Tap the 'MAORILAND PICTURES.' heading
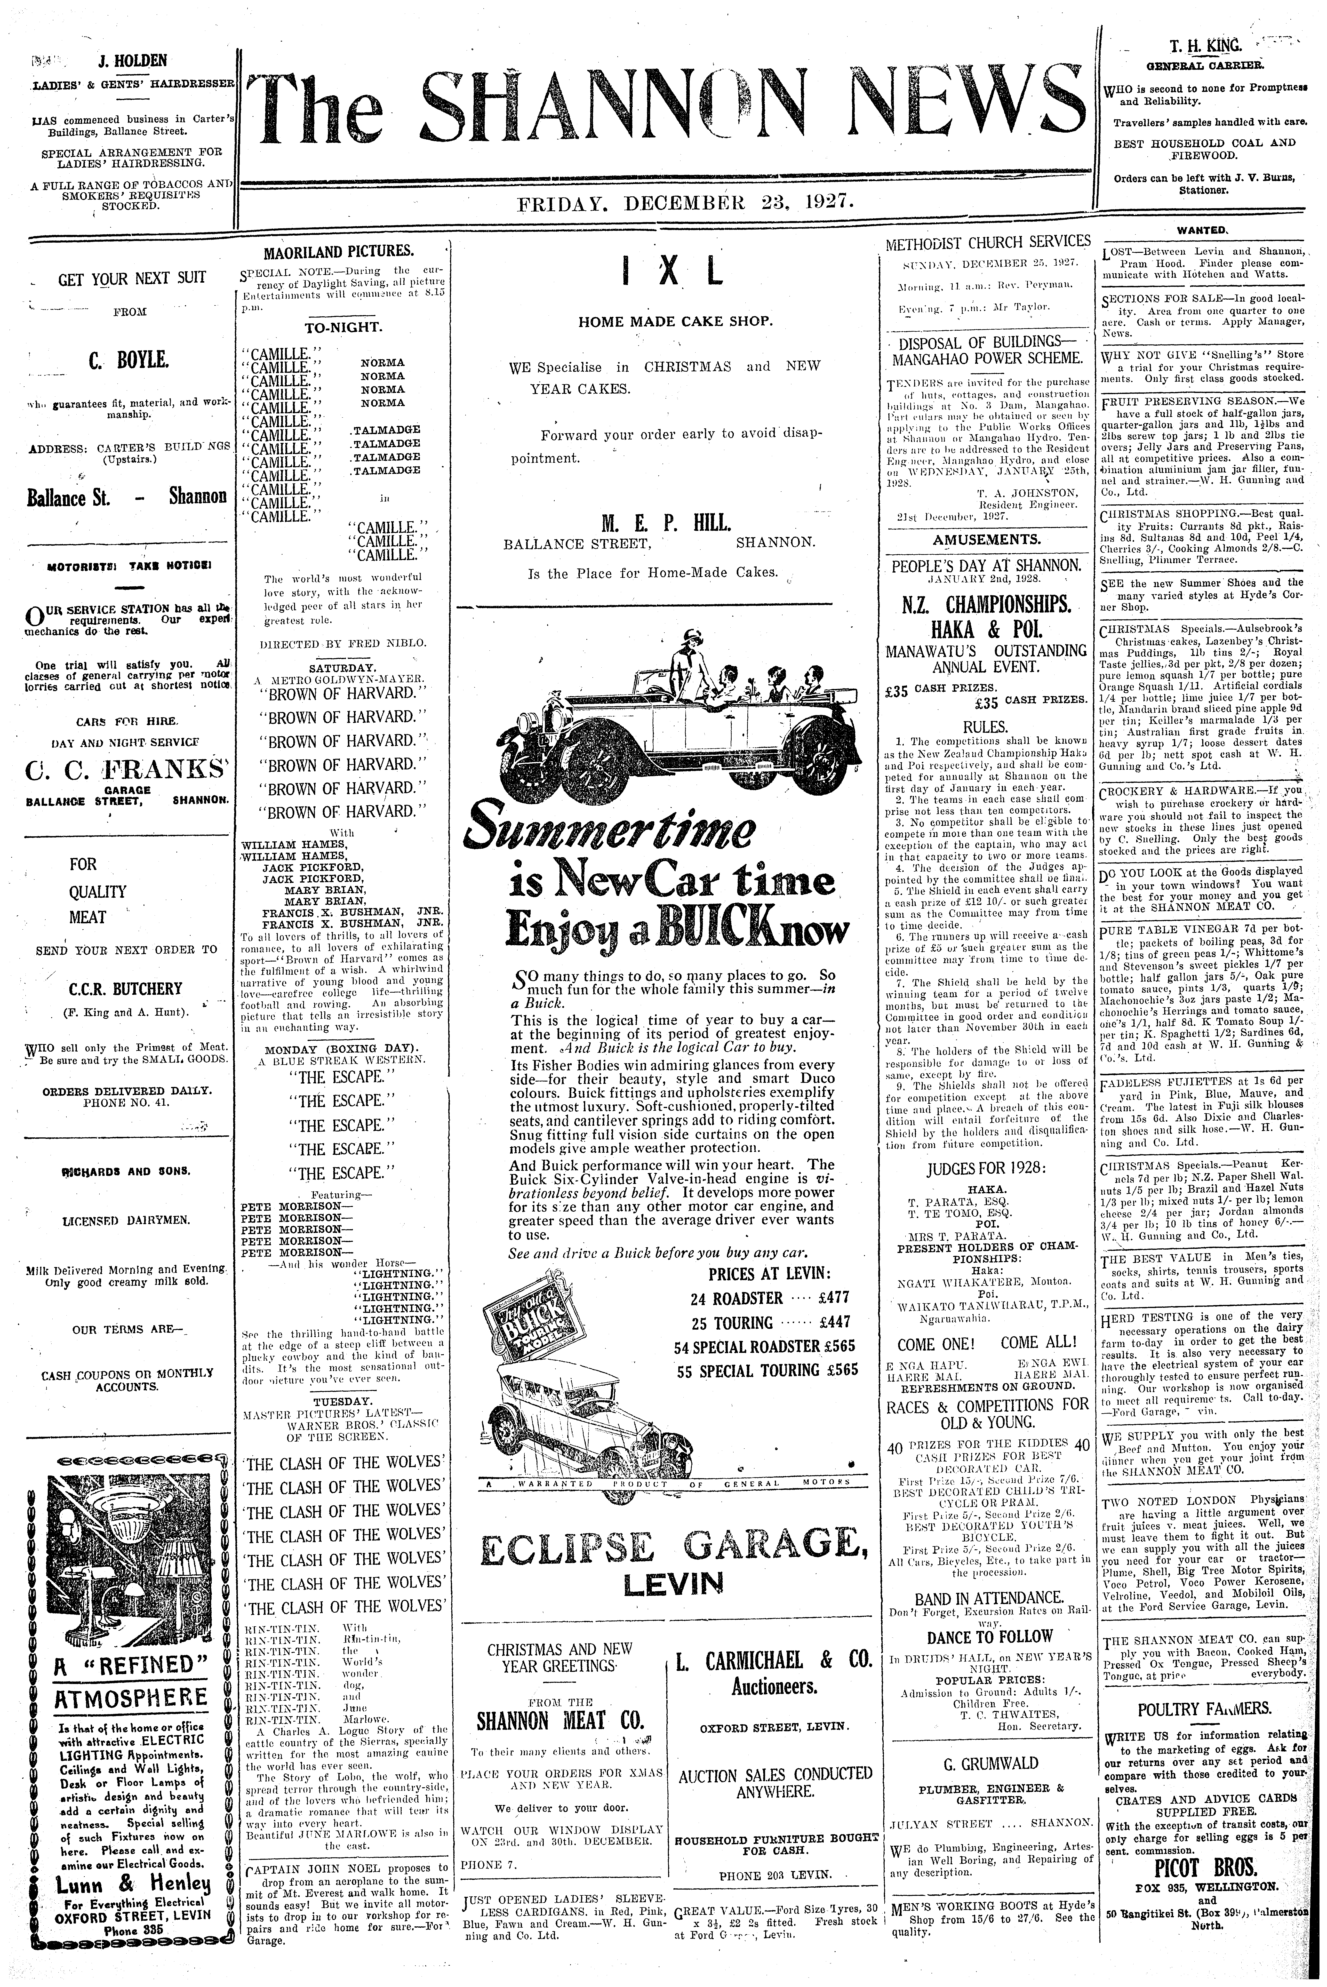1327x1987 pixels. pos(338,250)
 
